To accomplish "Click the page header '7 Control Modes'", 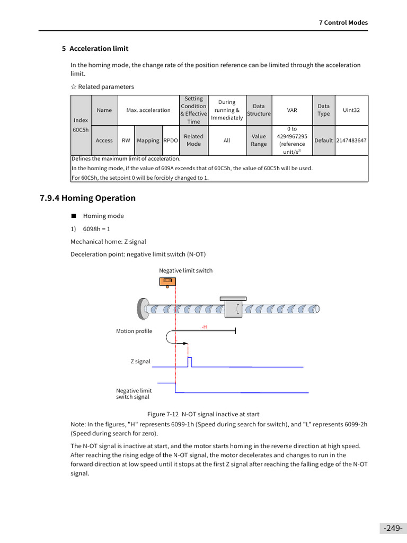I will tap(343, 23).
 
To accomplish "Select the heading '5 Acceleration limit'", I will tap(95, 49).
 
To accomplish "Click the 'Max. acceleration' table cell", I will tap(148, 110).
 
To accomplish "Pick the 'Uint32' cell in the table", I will tap(351, 110).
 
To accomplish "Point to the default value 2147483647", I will tap(351, 141).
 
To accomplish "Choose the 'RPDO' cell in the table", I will tap(171, 141).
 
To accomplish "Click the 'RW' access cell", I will tap(126, 141).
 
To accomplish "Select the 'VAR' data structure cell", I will tap(292, 110).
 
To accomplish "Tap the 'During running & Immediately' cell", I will tap(227, 110).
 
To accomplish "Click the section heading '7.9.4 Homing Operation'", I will tap(88, 198).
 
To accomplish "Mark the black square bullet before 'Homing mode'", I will tap(74, 216).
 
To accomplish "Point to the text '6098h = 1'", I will tap(96, 229).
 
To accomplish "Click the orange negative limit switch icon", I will tap(167, 281).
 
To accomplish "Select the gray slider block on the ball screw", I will tap(233, 308).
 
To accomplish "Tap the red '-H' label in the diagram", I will tap(204, 327).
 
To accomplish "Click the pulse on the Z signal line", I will tap(190, 362).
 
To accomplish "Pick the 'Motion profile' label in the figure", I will tap(134, 331).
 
